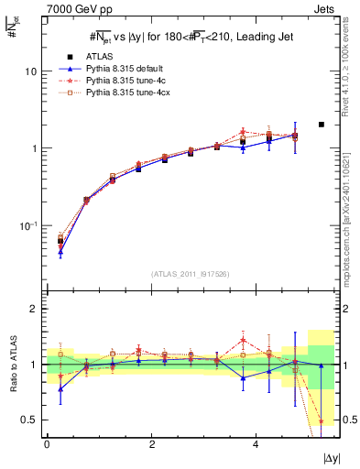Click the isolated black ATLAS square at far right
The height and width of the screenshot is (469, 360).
click(x=321, y=125)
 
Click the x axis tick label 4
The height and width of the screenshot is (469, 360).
click(x=256, y=443)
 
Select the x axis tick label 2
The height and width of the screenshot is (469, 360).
click(x=151, y=443)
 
